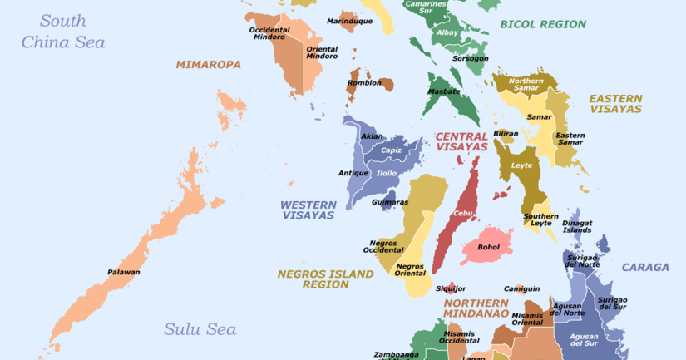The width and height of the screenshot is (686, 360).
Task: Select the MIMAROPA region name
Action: pos(208,64)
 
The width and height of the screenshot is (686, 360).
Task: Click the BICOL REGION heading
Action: pos(543,24)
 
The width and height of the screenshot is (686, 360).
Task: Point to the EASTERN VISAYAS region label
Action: pos(615,103)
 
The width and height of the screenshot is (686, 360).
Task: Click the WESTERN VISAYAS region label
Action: pos(307,210)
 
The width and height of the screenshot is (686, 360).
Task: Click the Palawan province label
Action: pos(123,272)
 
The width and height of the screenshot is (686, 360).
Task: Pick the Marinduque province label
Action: pos(349,20)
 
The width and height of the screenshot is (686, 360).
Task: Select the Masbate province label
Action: pos(444,91)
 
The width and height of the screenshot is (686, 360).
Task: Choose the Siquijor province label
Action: pos(428,289)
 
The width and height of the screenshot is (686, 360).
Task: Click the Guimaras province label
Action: pos(390,202)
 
